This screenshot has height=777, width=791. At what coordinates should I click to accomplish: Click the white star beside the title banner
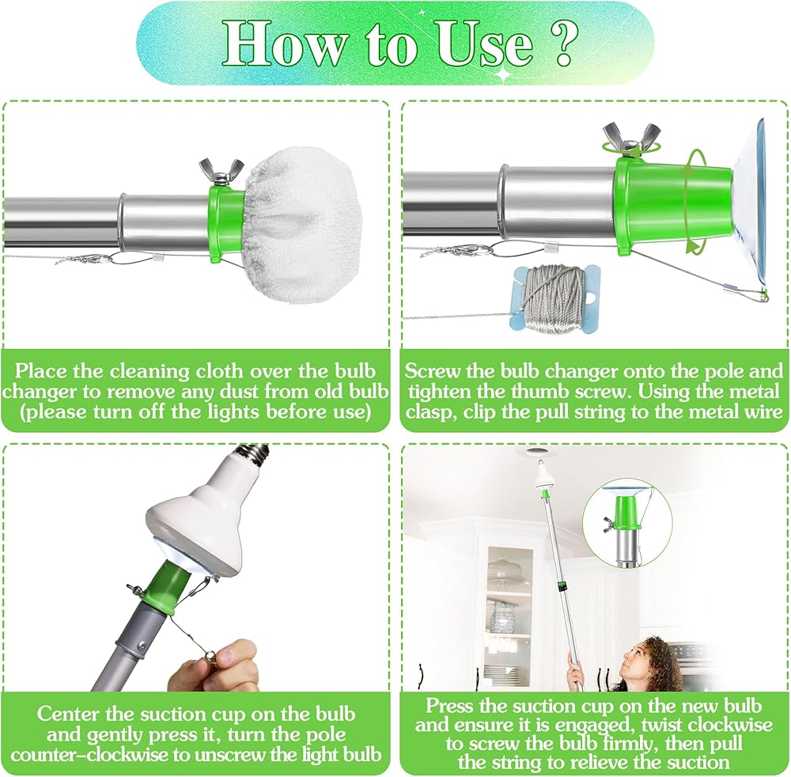coord(503,74)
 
